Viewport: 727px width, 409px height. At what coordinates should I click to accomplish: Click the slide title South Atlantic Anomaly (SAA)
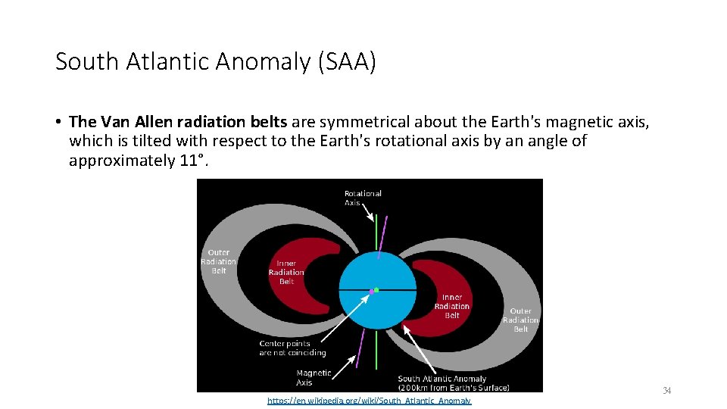tap(215, 62)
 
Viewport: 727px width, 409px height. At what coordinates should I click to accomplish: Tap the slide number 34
tap(667, 391)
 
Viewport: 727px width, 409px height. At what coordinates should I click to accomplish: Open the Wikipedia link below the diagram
tap(369, 401)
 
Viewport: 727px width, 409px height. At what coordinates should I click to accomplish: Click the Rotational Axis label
tap(363, 198)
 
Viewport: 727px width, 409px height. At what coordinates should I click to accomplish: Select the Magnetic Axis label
tap(314, 377)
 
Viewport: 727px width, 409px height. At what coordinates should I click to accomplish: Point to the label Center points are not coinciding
tap(292, 348)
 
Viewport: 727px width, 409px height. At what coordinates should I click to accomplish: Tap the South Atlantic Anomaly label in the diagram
tap(453, 382)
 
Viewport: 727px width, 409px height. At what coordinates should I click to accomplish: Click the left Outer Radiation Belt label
tap(218, 261)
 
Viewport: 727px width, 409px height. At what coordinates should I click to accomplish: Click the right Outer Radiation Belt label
tap(520, 320)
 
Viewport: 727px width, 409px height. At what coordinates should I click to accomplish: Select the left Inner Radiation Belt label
tap(286, 273)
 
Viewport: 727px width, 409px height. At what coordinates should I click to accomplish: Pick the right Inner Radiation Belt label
tap(452, 306)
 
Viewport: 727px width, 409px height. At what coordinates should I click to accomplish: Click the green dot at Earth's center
tap(376, 289)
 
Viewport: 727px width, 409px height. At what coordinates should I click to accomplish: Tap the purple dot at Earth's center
tap(371, 291)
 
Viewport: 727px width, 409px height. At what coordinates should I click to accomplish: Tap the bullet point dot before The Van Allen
tap(58, 122)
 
